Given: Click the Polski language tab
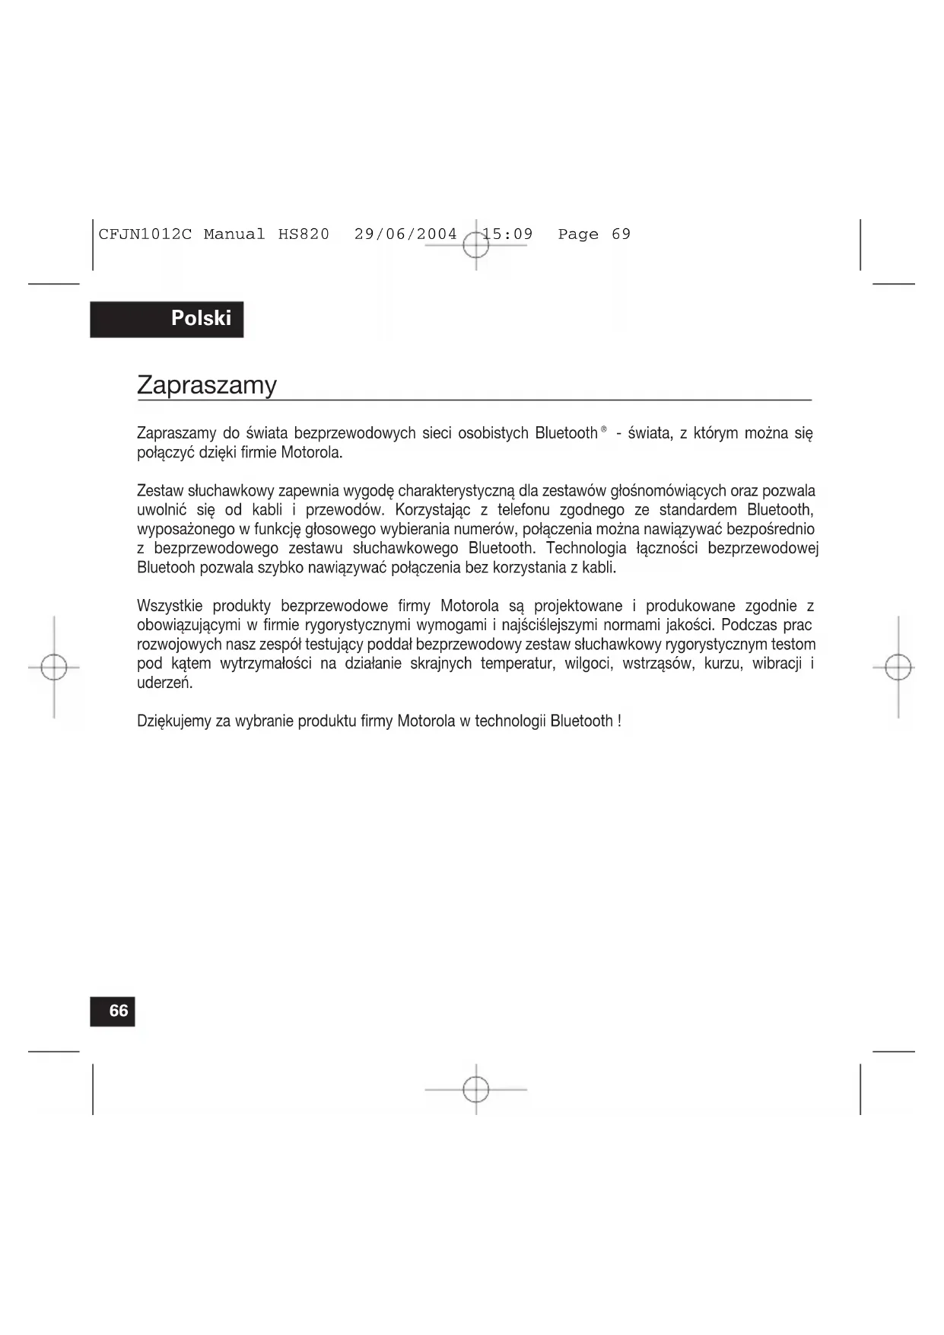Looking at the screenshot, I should coord(200,318).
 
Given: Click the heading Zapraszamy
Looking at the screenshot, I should coord(206,385).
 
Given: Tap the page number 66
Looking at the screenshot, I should coord(119,1011).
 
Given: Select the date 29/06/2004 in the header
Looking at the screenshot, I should coord(405,234).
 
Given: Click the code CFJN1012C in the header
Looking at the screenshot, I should coord(145,234).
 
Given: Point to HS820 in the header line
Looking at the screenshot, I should coord(304,234).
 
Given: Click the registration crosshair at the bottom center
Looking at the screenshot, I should coord(476,1089).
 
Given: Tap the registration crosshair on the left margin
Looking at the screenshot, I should coord(54,667).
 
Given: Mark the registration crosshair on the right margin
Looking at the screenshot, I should coord(898,667).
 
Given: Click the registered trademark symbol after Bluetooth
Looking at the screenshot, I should coord(603,430).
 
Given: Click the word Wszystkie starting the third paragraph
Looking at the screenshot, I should coord(170,607).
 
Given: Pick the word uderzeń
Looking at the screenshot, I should coord(164,683).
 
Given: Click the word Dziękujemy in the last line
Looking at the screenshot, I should coord(173,722).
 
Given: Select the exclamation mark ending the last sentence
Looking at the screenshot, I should coord(620,721).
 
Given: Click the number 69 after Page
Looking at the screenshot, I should coord(621,234).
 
